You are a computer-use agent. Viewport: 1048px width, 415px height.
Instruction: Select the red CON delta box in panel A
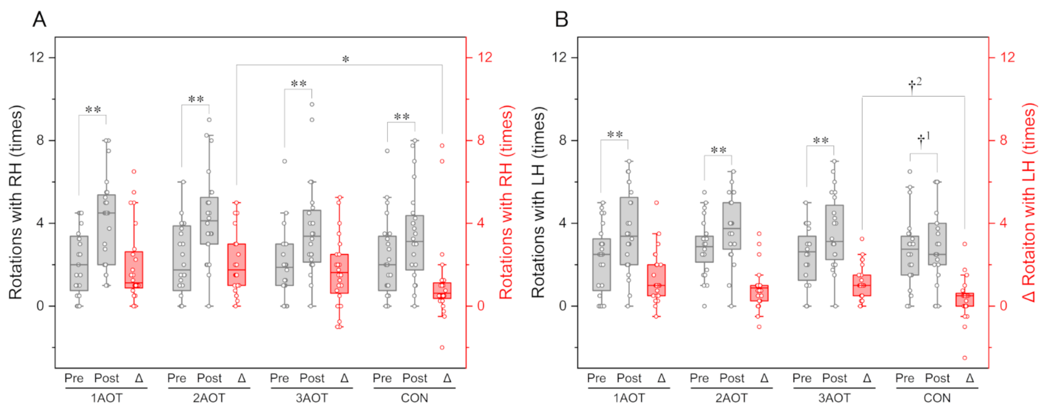(x=442, y=290)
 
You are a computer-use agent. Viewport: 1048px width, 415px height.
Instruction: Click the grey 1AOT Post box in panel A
(x=106, y=230)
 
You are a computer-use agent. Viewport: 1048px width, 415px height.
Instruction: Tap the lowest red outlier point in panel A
(x=442, y=347)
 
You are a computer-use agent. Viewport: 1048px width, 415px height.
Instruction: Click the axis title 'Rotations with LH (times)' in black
(x=538, y=202)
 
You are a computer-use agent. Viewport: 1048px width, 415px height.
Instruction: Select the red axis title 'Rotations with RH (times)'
(x=506, y=202)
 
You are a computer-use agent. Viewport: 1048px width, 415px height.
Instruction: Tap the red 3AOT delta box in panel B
(x=862, y=286)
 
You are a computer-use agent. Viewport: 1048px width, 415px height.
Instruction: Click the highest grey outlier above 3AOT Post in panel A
(x=312, y=104)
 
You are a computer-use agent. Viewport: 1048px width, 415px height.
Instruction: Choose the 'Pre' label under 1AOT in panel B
(x=596, y=378)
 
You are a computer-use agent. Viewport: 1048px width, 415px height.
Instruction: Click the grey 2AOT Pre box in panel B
(x=704, y=249)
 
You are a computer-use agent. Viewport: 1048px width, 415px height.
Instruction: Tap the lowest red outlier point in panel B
(x=964, y=358)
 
